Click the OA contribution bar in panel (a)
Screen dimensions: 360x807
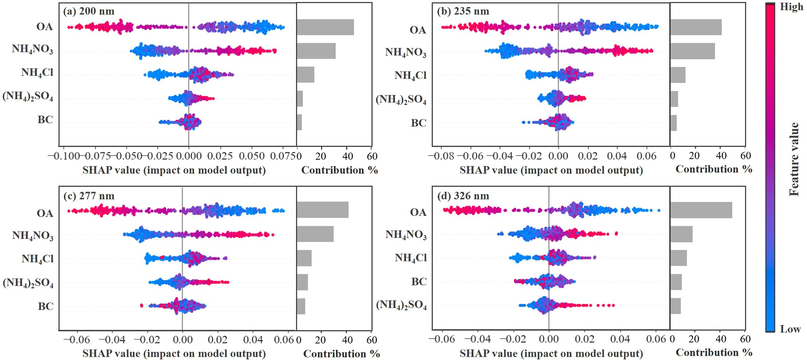tap(325, 27)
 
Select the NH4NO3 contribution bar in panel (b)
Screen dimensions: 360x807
tap(693, 51)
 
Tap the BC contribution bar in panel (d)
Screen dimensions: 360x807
tap(676, 282)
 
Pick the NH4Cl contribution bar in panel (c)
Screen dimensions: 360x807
tap(304, 258)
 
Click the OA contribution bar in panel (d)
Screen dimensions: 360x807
tap(701, 210)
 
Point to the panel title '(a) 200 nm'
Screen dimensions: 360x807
tap(89, 11)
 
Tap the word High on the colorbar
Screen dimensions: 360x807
tap(791, 7)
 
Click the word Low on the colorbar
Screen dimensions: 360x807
tap(790, 329)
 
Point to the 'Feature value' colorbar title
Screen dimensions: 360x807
tap(794, 159)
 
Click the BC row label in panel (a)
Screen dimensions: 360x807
tap(45, 119)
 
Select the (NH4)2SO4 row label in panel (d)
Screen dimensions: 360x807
tap(401, 305)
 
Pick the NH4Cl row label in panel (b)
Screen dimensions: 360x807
tap(410, 75)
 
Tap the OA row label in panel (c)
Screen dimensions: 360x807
tap(45, 213)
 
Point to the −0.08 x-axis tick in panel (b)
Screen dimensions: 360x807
tap(441, 156)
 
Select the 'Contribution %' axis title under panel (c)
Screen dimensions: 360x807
tap(342, 354)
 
